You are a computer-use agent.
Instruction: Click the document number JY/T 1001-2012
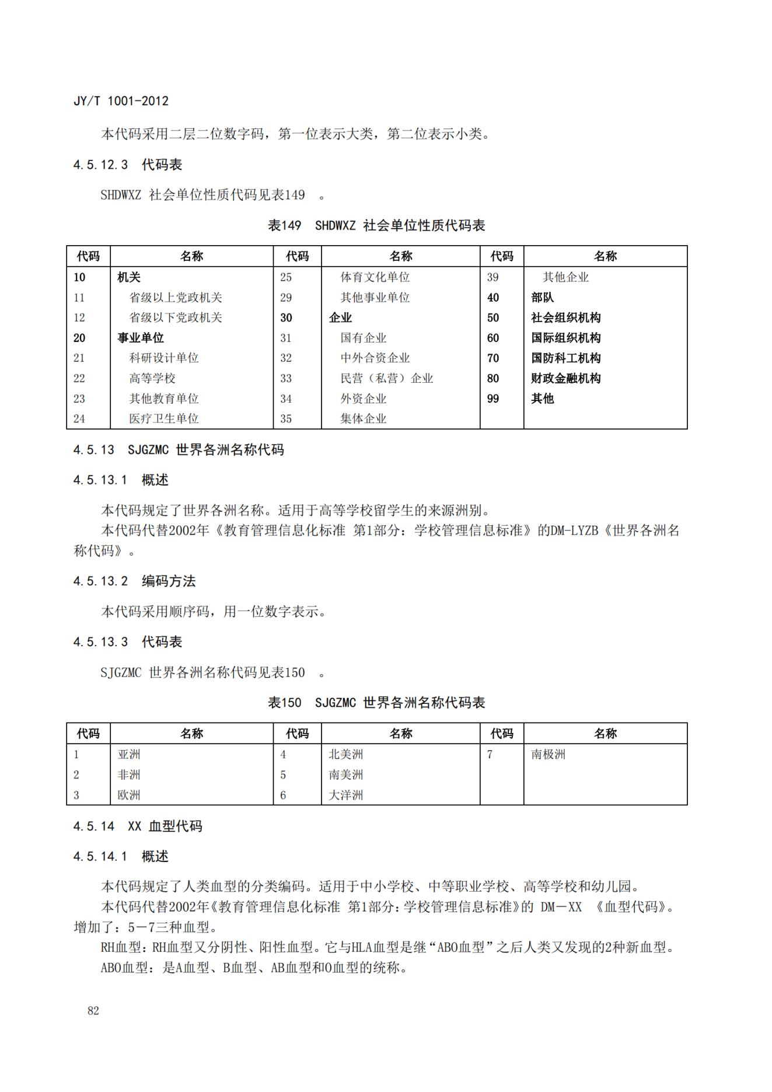(x=121, y=101)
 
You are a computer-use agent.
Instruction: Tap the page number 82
(x=93, y=1011)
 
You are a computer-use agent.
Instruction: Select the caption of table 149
(x=376, y=225)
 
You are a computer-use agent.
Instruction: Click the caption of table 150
(x=376, y=703)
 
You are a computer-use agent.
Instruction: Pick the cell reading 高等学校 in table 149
(x=152, y=378)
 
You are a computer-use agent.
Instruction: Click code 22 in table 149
(x=79, y=378)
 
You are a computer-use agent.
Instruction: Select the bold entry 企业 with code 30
(x=340, y=318)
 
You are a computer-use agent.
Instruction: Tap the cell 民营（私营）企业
(x=387, y=378)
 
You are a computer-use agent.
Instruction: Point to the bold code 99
(x=493, y=399)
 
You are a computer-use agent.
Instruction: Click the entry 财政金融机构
(x=565, y=378)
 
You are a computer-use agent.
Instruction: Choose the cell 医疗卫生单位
(x=164, y=418)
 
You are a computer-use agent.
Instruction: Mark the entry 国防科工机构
(x=565, y=358)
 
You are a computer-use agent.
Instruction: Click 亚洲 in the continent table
(x=129, y=754)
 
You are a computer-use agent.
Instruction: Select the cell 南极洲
(x=548, y=754)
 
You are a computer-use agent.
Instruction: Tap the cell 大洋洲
(x=345, y=795)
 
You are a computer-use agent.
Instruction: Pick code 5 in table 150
(x=283, y=774)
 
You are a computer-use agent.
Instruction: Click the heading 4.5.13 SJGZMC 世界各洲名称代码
(x=179, y=449)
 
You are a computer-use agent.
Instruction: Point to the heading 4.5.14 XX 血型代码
(x=138, y=826)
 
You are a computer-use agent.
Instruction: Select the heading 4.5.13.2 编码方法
(x=134, y=581)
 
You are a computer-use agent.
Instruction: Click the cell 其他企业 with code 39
(x=565, y=277)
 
